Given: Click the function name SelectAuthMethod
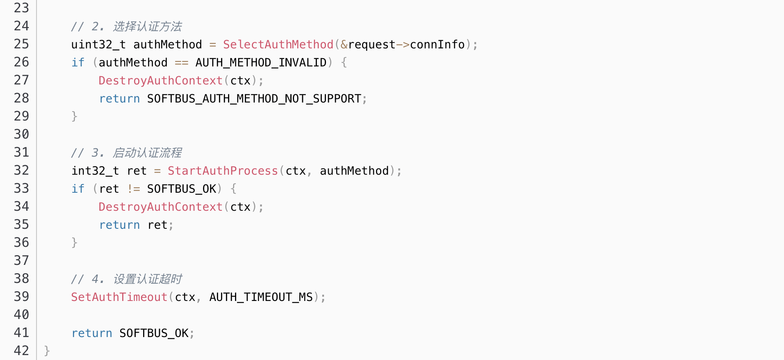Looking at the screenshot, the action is [x=278, y=44].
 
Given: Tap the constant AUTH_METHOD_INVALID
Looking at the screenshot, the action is [x=261, y=62].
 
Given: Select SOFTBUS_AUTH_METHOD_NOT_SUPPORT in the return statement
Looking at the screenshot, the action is [x=254, y=98].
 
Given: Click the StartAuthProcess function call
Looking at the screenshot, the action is [x=223, y=171].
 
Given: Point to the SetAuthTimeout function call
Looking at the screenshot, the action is [x=119, y=297].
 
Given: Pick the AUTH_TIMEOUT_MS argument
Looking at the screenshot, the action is [x=261, y=297].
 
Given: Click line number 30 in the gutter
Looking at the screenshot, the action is [x=21, y=134].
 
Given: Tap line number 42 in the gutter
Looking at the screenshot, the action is [x=21, y=351].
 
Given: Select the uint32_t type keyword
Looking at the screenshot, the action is [x=98, y=44].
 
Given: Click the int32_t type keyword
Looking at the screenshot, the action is [x=95, y=171].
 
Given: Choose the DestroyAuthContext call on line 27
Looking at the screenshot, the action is [x=160, y=80].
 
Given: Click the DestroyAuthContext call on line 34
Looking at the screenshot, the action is [x=160, y=207].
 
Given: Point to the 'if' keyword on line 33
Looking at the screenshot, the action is [x=77, y=189].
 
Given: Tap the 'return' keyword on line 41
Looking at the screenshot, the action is [x=91, y=333].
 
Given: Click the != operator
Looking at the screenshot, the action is [x=134, y=189].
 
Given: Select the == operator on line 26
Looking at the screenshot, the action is [x=181, y=62].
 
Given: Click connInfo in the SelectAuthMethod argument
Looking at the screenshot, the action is [x=437, y=44].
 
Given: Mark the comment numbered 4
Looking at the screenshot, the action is [x=126, y=279].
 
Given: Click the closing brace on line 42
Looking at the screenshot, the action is [x=47, y=351].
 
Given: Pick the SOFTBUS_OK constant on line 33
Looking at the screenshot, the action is [x=182, y=189].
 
